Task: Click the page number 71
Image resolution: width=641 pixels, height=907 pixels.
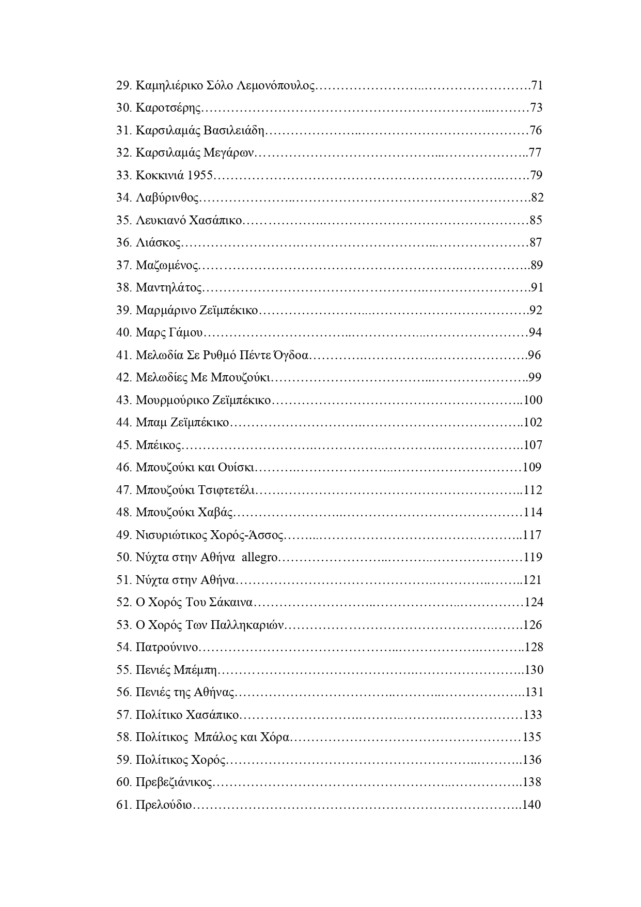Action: pyautogui.click(x=537, y=85)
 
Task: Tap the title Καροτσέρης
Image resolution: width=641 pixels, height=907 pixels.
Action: pyautogui.click(x=168, y=108)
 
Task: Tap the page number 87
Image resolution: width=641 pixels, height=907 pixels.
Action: pyautogui.click(x=536, y=243)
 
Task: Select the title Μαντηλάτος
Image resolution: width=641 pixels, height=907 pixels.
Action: pyautogui.click(x=169, y=288)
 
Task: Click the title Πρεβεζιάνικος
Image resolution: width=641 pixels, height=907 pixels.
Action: pyautogui.click(x=174, y=782)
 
